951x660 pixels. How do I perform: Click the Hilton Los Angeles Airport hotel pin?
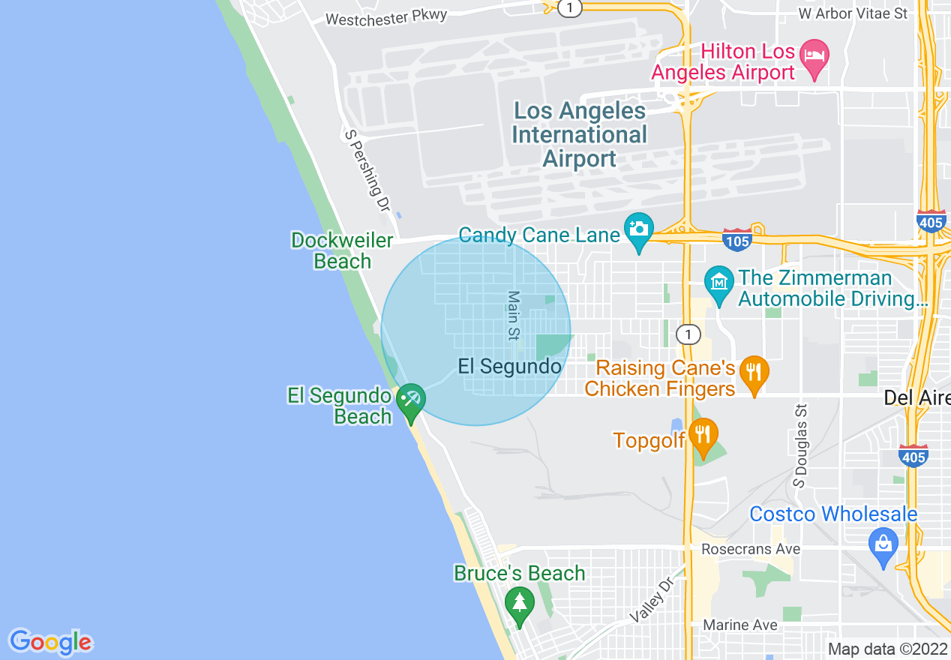[x=814, y=57]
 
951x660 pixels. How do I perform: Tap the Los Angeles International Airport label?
[x=579, y=135]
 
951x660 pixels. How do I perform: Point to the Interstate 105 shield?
[x=738, y=240]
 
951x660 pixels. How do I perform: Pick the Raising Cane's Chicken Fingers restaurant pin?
[x=754, y=373]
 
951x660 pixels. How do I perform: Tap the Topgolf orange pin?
[x=704, y=435]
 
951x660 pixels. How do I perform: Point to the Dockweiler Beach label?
[x=342, y=250]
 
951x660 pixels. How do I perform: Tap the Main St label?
[x=514, y=316]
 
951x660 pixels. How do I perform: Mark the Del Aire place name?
[x=916, y=397]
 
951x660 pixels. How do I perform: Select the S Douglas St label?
[x=801, y=445]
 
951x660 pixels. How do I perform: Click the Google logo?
[x=50, y=642]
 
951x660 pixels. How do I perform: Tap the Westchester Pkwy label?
[x=387, y=16]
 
